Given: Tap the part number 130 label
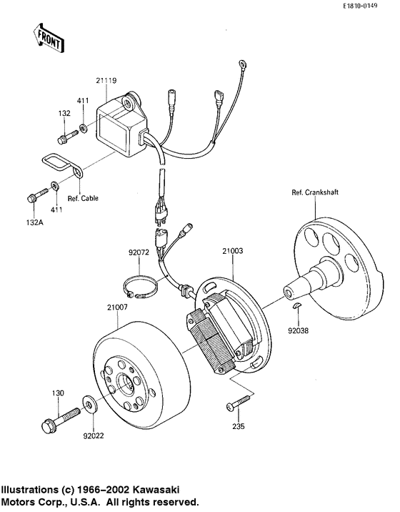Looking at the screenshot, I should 58,393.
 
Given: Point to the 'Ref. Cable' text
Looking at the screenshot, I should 83,198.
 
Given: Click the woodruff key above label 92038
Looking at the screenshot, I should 299,307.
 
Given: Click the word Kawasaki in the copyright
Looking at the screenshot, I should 153,490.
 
